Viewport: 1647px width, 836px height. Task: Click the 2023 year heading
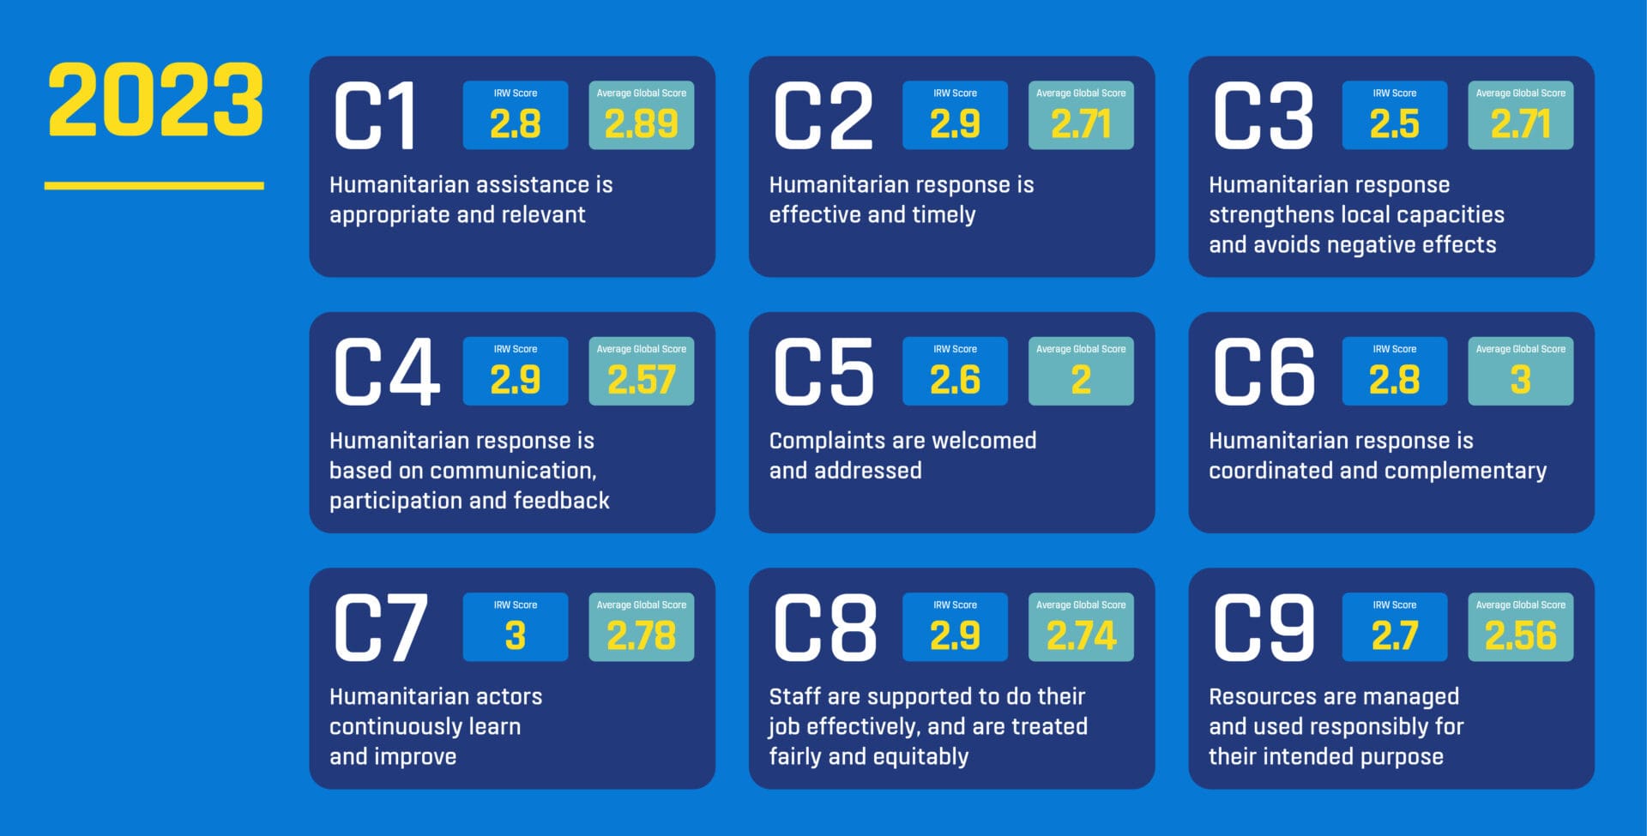click(155, 100)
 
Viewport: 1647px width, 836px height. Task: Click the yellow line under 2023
click(154, 185)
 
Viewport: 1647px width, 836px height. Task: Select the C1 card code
click(375, 116)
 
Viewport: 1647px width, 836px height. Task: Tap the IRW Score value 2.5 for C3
click(1394, 124)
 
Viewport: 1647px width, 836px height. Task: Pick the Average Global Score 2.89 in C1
click(641, 124)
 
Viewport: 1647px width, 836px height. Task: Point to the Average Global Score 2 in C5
click(1081, 380)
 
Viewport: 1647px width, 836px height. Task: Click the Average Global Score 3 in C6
click(1520, 380)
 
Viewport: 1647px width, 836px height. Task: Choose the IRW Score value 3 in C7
click(515, 635)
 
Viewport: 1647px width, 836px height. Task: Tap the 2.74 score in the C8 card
click(1081, 635)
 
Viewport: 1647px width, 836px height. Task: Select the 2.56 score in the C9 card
click(1520, 635)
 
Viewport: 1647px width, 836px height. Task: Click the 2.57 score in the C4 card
click(641, 380)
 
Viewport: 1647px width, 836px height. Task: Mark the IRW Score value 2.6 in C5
click(955, 380)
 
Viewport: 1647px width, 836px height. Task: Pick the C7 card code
click(381, 628)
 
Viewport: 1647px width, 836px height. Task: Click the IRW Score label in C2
click(955, 93)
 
